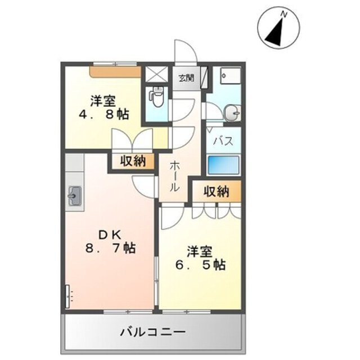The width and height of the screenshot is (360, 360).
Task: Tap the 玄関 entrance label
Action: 186,78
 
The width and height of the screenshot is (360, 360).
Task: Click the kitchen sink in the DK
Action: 74,196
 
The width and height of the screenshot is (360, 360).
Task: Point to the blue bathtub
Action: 223,165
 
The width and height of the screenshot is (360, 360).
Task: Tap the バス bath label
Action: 223,141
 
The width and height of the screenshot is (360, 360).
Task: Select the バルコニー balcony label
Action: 152,332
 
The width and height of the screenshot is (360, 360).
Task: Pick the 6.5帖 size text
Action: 201,264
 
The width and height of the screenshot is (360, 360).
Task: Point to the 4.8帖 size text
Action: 103,115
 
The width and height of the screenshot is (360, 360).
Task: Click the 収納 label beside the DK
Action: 133,161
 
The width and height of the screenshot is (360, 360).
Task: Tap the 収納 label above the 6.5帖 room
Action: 216,191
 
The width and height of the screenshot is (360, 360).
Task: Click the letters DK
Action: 110,233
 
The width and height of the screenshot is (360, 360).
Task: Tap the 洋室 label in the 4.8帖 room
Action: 103,101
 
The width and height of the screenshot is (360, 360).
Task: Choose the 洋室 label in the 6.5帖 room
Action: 200,250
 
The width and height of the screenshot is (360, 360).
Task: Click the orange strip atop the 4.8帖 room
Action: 115,72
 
